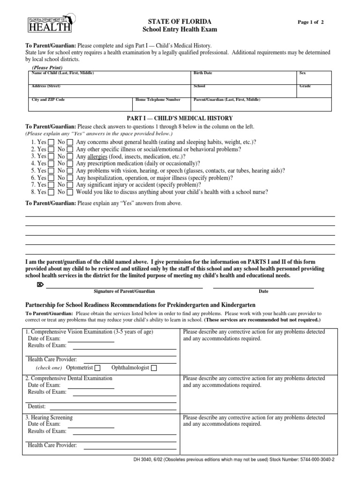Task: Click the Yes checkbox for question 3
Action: [51, 157]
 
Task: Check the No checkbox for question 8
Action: [70, 192]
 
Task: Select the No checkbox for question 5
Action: [70, 171]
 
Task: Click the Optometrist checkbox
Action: [97, 368]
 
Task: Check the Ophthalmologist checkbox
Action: [154, 368]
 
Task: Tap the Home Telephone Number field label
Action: [157, 100]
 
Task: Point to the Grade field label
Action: [305, 86]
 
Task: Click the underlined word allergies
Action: [97, 157]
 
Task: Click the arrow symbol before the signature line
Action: [39, 285]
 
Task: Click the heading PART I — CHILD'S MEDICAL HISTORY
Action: [180, 118]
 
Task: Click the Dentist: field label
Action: [37, 407]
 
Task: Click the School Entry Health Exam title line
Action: [180, 30]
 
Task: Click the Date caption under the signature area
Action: [263, 291]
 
